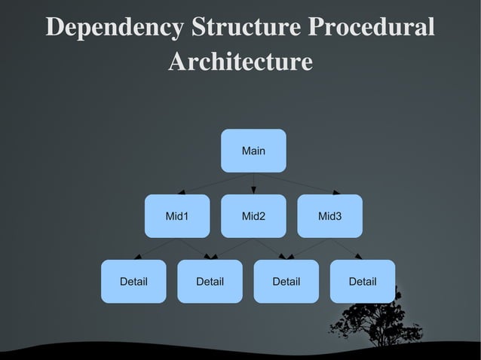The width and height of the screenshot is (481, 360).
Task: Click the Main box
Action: point(253,151)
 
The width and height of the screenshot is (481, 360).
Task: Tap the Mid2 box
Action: point(253,216)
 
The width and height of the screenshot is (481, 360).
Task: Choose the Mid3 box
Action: point(329,216)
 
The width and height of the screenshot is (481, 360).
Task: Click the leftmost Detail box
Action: point(133,281)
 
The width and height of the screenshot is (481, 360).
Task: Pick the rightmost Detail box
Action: point(362,281)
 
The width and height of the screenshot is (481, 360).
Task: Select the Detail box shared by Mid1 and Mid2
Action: point(210,281)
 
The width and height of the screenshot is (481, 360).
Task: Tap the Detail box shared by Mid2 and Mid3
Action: point(286,281)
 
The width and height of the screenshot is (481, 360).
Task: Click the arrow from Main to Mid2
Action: point(253,183)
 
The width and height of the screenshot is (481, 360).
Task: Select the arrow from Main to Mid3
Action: point(293,183)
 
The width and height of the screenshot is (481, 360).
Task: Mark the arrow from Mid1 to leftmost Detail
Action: point(155,249)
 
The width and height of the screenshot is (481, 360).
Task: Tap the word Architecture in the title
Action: point(240,62)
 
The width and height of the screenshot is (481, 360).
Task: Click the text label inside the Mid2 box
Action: point(253,217)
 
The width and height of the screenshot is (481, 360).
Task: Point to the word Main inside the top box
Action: point(253,151)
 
